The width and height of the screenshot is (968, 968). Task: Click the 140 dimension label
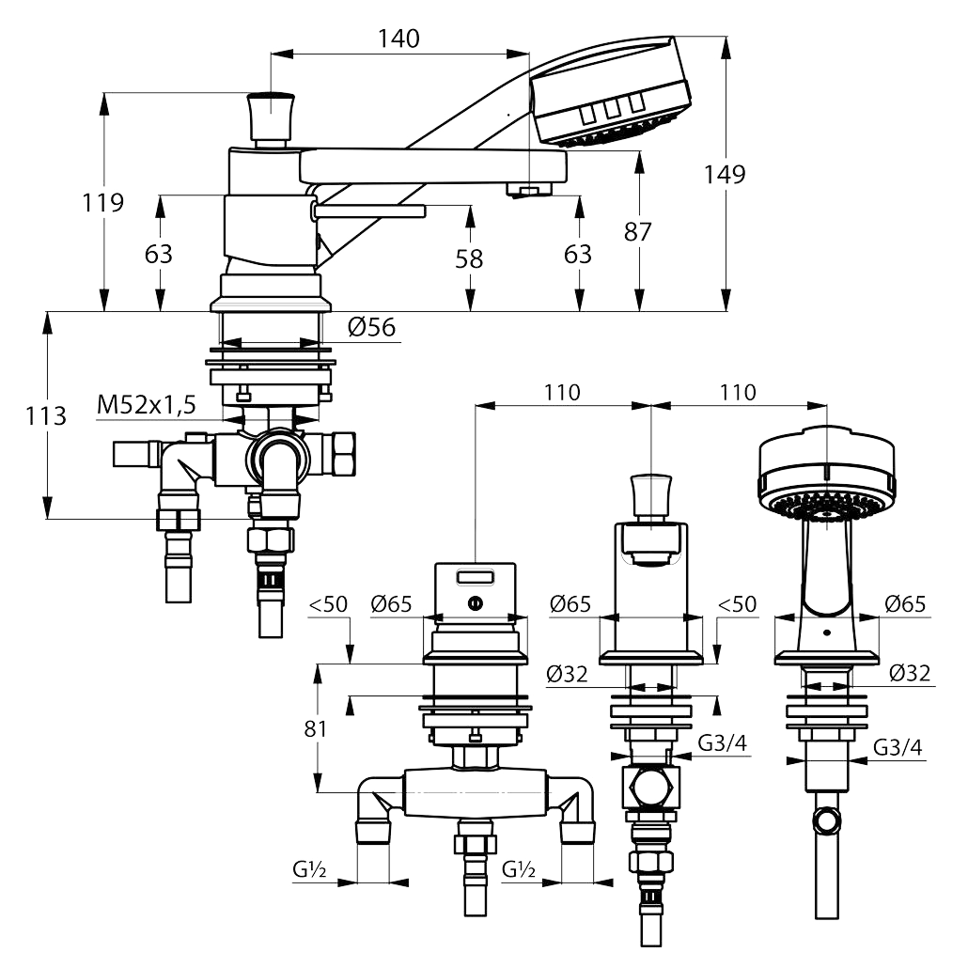point(398,39)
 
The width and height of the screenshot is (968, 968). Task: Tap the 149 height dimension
point(725,175)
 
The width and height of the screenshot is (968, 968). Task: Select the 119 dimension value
point(103,202)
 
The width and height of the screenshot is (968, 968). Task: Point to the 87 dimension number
point(638,232)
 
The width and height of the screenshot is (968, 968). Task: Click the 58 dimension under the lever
point(469,259)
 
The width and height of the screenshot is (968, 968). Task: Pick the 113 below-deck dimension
point(46,416)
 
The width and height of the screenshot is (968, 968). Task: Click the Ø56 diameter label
point(371,327)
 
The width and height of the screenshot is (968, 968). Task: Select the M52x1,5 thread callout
point(147,405)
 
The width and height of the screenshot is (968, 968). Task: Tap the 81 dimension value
point(315,729)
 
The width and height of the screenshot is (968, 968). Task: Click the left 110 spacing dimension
point(562,393)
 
